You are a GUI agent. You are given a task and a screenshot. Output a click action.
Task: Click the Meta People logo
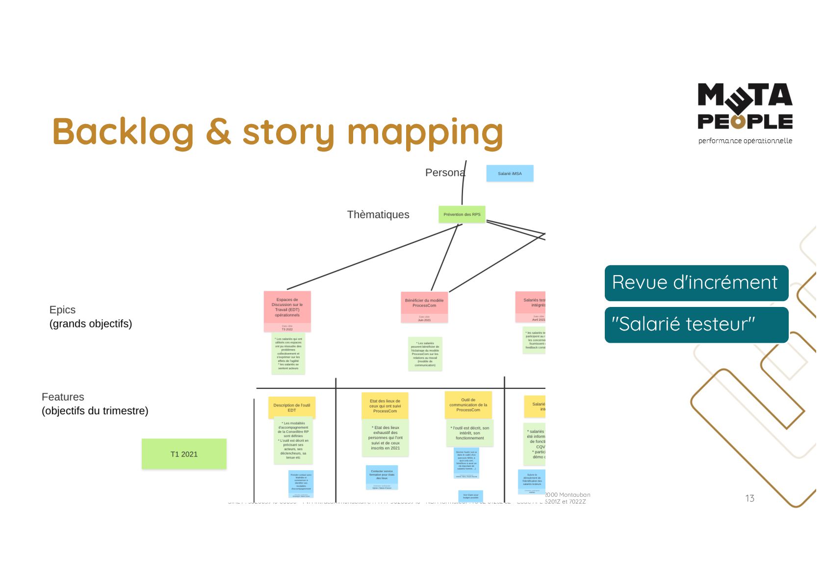[745, 106]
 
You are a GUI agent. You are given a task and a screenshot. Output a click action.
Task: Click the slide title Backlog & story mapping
[278, 132]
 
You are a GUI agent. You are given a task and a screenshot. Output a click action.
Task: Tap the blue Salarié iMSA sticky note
[510, 174]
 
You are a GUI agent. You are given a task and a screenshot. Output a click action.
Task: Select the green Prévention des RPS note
[462, 214]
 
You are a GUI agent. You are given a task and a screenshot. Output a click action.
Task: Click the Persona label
[444, 173]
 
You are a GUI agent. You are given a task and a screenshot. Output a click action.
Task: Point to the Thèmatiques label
[378, 214]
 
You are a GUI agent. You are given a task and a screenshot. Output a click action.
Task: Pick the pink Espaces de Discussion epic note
[287, 307]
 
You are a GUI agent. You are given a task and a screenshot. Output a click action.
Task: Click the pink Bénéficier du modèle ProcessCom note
[424, 303]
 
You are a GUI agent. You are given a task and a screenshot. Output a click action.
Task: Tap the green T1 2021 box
[184, 454]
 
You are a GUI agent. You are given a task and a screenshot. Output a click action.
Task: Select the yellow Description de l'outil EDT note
[292, 407]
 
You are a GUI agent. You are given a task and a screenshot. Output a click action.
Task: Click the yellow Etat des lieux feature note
[385, 406]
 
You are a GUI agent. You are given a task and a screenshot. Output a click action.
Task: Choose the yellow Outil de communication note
[468, 405]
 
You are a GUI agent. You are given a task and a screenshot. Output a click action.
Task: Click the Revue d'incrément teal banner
[696, 283]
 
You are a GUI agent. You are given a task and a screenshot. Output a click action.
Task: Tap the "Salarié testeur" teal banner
[696, 325]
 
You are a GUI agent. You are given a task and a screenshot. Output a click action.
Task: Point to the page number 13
[749, 498]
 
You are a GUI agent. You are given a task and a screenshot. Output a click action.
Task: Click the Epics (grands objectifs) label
[90, 317]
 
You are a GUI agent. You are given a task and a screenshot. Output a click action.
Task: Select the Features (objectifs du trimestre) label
[95, 404]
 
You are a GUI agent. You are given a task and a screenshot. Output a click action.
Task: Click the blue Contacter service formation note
[382, 476]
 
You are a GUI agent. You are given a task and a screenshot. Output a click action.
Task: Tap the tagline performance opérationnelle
[745, 141]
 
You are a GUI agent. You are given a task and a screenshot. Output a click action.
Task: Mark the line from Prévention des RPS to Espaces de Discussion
[373, 257]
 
